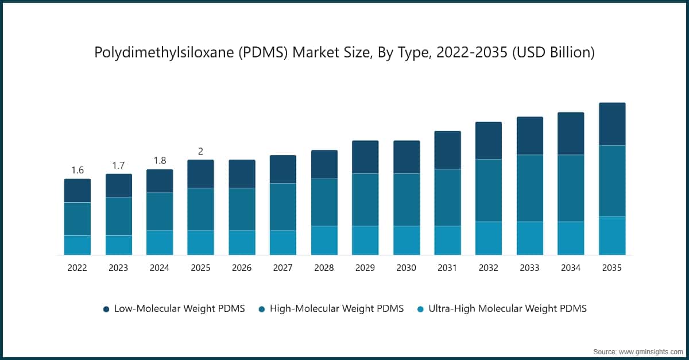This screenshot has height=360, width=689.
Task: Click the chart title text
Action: pos(344,53)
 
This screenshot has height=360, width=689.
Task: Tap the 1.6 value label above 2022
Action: pos(78,170)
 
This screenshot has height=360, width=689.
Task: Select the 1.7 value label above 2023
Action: pos(118,165)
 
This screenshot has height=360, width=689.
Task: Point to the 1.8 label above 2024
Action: pos(160,160)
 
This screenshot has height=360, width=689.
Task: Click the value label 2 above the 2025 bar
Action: pos(200,151)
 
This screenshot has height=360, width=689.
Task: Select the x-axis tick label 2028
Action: pos(324,268)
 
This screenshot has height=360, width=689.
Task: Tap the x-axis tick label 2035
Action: pos(612,268)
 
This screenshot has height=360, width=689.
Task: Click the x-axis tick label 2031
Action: pos(447,268)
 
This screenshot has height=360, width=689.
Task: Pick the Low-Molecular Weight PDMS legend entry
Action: pos(174,309)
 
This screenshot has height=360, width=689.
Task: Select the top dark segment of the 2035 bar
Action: pos(612,124)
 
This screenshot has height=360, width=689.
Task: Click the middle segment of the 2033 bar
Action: pos(530,188)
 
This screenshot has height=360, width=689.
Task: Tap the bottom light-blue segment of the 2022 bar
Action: pos(78,245)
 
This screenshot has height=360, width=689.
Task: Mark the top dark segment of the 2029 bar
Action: pos(365,157)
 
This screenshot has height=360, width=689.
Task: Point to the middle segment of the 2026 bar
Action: pos(242,209)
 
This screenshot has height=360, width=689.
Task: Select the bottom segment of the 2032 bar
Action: pos(489,238)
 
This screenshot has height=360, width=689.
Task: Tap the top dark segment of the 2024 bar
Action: pos(160,181)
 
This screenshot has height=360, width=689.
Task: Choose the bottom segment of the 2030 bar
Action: pos(407,240)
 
